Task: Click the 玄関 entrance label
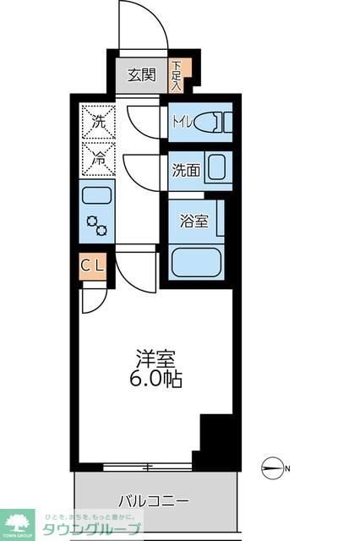[x=141, y=74]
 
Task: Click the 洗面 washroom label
[x=186, y=170]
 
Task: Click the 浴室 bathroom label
[x=194, y=221]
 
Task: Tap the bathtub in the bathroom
[x=197, y=261]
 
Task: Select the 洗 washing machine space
[x=98, y=121]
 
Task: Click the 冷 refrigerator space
[x=98, y=157]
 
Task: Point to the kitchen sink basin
[x=97, y=196]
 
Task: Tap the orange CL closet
[x=93, y=267]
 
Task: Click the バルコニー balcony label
[x=153, y=500]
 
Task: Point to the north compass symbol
[x=275, y=467]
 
